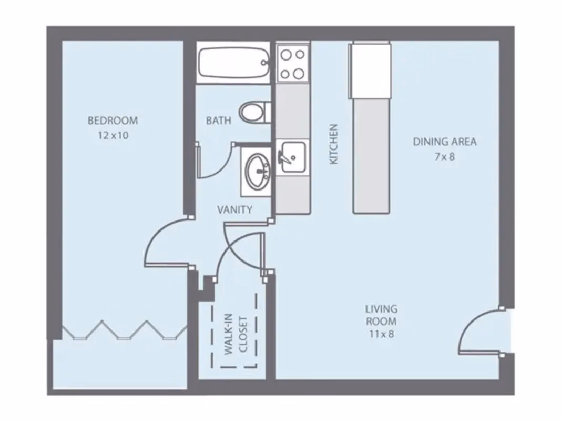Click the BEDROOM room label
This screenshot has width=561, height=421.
point(113,121)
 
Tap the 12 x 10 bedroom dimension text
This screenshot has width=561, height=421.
point(113,135)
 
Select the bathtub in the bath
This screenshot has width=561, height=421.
point(233,63)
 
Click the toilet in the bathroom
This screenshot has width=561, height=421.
point(254,112)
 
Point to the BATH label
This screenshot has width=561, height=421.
point(218,121)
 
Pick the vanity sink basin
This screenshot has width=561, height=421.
point(257,171)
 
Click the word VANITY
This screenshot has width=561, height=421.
point(234,209)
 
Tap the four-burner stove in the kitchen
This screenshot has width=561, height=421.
point(293,63)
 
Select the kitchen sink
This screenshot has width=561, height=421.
point(292,157)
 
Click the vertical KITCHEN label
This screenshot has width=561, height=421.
point(333,144)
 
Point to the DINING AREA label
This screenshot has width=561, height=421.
point(444,142)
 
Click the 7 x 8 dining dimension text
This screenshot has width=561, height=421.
point(444,156)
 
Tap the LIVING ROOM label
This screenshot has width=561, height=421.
point(381,315)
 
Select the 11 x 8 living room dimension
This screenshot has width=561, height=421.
point(381,334)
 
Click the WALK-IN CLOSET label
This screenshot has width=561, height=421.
point(235,335)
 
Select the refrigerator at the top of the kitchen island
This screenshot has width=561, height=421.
point(371,69)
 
